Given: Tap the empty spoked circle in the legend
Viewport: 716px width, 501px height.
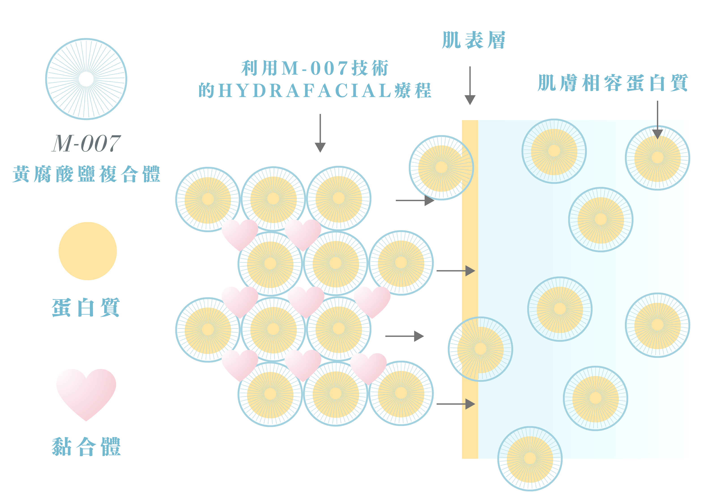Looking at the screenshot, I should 86,79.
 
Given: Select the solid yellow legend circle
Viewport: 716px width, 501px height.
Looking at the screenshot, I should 88,251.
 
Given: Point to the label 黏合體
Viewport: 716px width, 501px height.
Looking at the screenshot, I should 86,447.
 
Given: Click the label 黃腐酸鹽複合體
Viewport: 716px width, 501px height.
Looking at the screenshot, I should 86,174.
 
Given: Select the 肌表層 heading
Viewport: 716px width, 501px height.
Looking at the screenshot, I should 473,40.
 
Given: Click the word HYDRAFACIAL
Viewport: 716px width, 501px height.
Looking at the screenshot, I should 305,90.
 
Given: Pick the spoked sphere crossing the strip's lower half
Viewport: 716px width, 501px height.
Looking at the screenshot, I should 480,349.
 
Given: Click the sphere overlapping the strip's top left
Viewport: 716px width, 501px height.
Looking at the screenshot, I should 441,168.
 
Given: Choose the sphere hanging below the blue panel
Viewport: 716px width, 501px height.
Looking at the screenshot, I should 530,458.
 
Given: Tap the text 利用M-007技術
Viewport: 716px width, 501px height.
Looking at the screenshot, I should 315,68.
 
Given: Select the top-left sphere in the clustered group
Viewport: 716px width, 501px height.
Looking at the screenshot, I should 208,199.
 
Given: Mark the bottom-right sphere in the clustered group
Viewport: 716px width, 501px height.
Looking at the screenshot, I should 401,393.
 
